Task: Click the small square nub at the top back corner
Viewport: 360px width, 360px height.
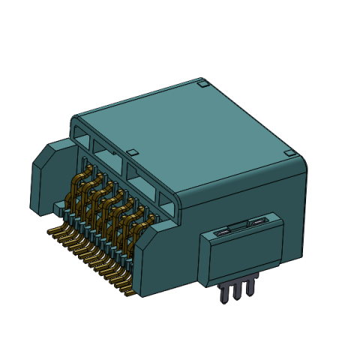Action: (x=202, y=85)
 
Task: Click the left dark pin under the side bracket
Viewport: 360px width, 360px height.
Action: (x=223, y=293)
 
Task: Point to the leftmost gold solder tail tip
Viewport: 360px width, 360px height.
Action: (x=50, y=231)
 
